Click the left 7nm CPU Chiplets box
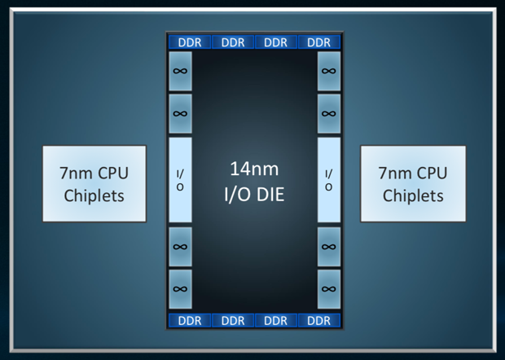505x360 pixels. click(x=94, y=183)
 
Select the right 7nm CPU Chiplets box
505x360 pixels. click(x=413, y=183)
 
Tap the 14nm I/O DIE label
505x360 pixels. click(x=254, y=182)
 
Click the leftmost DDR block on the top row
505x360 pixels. click(x=190, y=42)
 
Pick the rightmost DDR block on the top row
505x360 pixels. click(x=319, y=42)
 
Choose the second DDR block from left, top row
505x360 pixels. click(x=233, y=42)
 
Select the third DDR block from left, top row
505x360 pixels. click(x=276, y=42)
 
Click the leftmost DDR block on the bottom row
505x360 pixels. click(x=190, y=320)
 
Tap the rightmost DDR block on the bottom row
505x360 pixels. click(x=319, y=320)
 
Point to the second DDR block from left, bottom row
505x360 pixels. click(x=233, y=320)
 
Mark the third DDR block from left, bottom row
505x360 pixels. click(x=276, y=320)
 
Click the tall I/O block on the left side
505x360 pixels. click(x=180, y=180)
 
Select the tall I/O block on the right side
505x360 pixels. click(x=329, y=180)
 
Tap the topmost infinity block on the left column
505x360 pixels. click(x=180, y=71)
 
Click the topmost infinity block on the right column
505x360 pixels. click(x=329, y=71)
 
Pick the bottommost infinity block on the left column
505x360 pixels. click(x=180, y=289)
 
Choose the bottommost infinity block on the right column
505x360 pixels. click(x=329, y=289)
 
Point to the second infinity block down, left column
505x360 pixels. click(x=180, y=114)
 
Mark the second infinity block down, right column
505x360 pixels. click(x=329, y=114)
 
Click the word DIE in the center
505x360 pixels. click(x=270, y=195)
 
